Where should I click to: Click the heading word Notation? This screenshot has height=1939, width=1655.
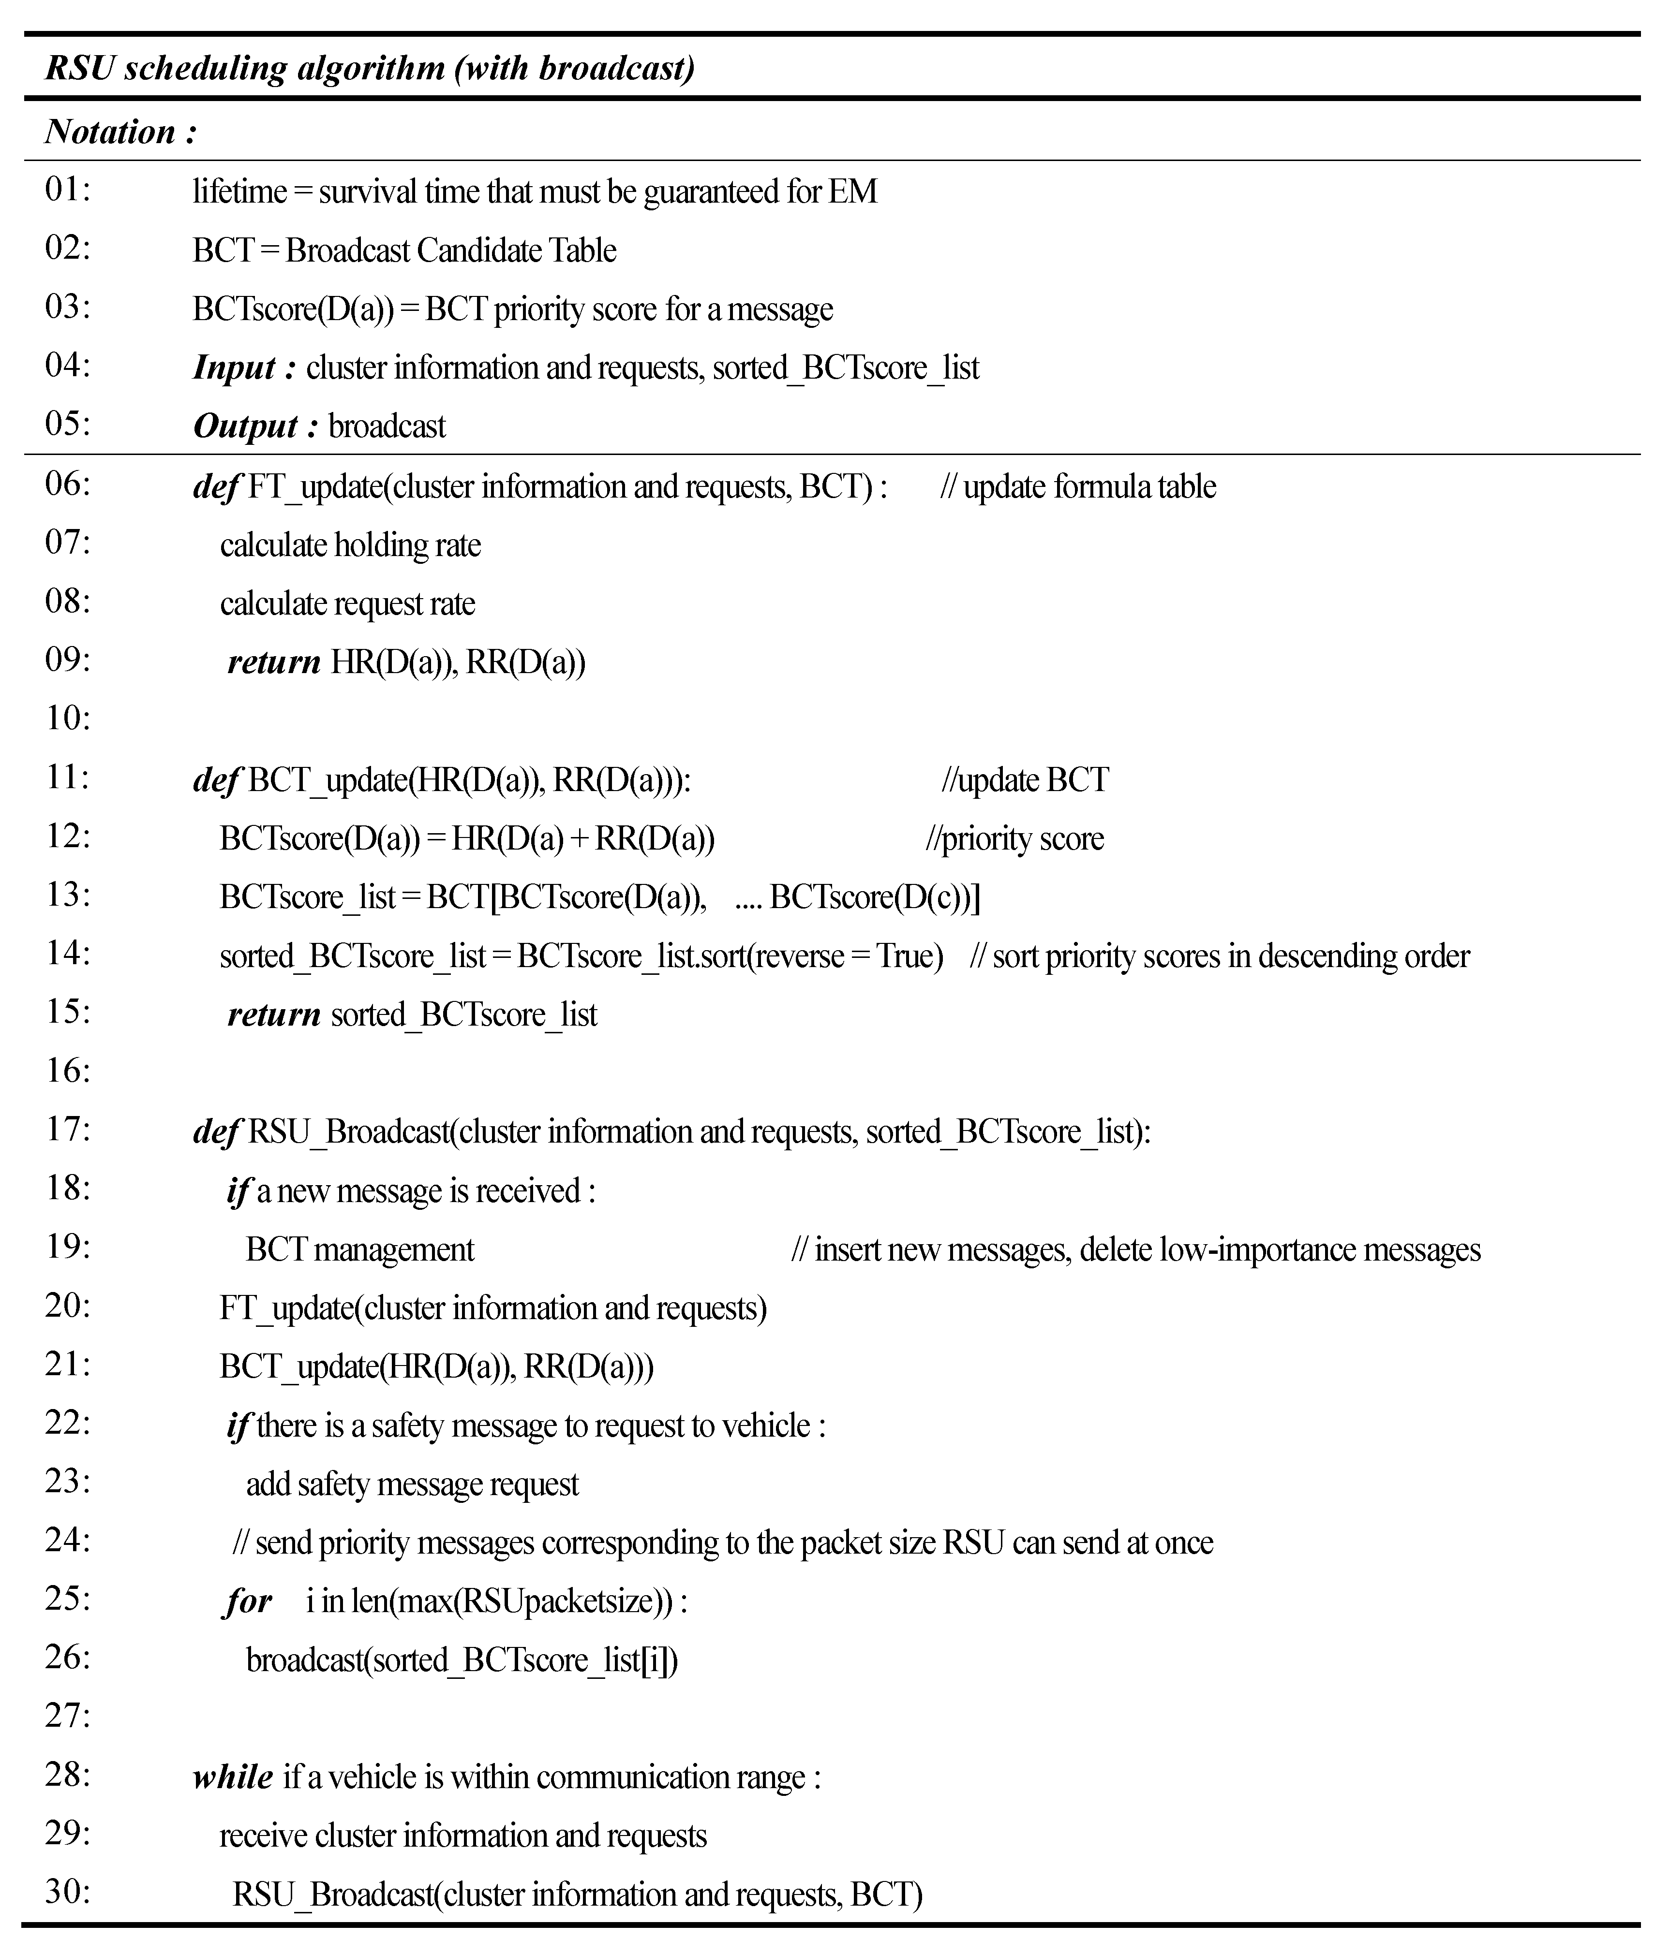110,132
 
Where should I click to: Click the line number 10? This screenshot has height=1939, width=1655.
67,719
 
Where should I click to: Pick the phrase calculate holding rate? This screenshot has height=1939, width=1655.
350,545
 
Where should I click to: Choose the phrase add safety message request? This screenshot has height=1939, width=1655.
412,1484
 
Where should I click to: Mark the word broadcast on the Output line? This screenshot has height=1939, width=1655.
387,427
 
